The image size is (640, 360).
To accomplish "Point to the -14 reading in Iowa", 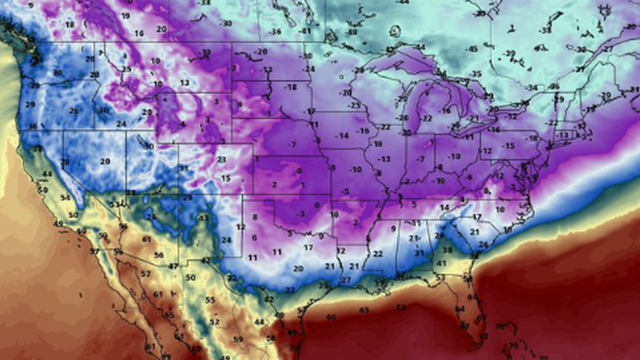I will coord(343,135).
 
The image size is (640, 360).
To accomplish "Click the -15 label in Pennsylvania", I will coord(508,145).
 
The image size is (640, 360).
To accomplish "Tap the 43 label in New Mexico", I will coord(206,260).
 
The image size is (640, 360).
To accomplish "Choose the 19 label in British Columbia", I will coord(124,16).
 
